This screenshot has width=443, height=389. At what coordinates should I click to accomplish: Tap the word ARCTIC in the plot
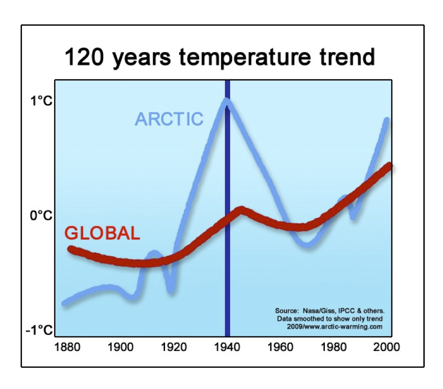pyautogui.click(x=169, y=119)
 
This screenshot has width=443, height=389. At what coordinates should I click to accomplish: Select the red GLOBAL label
pyautogui.click(x=102, y=233)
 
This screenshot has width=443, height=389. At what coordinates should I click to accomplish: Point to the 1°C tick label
pyautogui.click(x=40, y=102)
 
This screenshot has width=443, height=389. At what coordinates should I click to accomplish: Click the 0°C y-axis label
pyautogui.click(x=40, y=215)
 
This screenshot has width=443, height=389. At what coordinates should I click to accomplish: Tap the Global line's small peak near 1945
pyautogui.click(x=241, y=209)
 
